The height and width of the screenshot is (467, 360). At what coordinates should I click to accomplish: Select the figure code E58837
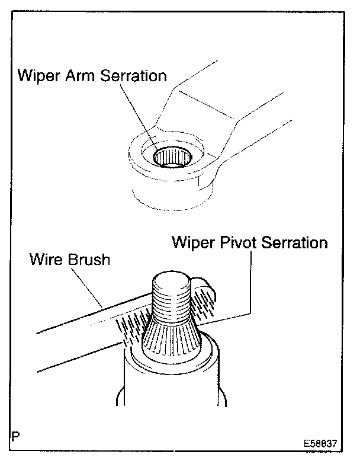pyautogui.click(x=322, y=443)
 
